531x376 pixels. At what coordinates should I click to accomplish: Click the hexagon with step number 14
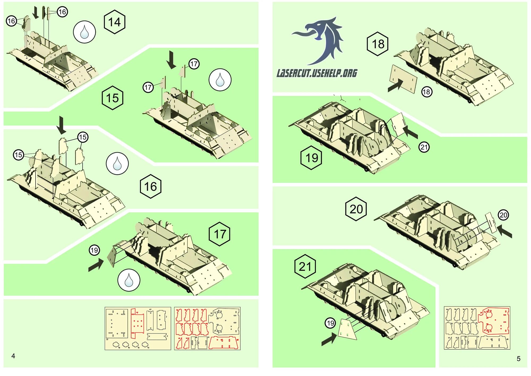click(x=114, y=22)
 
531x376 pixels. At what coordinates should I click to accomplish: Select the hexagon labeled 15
click(x=113, y=98)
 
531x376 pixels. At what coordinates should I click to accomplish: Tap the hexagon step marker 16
click(x=151, y=186)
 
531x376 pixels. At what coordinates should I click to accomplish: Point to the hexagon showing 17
click(x=220, y=234)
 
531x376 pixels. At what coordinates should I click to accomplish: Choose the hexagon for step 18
click(x=378, y=44)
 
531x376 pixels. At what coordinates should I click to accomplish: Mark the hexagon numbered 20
click(x=356, y=209)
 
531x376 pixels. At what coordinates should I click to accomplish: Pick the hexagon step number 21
click(x=305, y=266)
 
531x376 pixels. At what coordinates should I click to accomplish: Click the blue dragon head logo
click(x=321, y=40)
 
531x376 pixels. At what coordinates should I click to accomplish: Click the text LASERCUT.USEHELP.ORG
click(x=317, y=73)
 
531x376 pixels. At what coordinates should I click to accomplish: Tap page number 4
click(x=13, y=356)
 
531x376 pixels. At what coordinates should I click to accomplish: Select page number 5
click(x=518, y=358)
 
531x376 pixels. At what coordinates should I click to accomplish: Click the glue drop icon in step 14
click(x=84, y=32)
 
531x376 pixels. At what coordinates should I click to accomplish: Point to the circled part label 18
click(x=427, y=92)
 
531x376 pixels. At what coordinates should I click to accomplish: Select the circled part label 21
click(x=424, y=147)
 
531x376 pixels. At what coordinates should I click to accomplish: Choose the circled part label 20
click(x=503, y=215)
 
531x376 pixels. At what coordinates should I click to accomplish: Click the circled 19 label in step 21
click(x=330, y=323)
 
